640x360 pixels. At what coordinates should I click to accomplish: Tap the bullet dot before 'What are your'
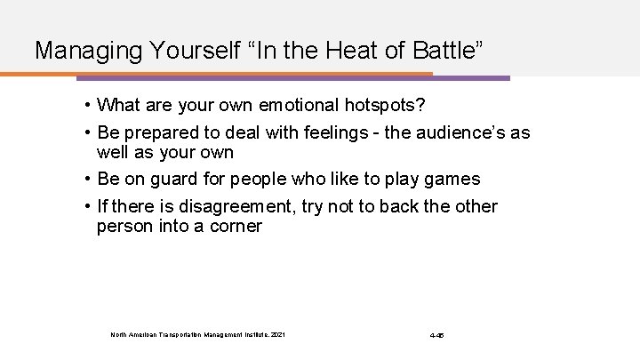click(x=89, y=107)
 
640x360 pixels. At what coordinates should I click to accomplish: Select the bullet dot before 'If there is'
click(x=89, y=206)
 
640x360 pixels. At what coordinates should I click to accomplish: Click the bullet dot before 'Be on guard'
click(x=89, y=180)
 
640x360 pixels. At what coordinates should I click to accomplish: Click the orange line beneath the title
click(x=222, y=73)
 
